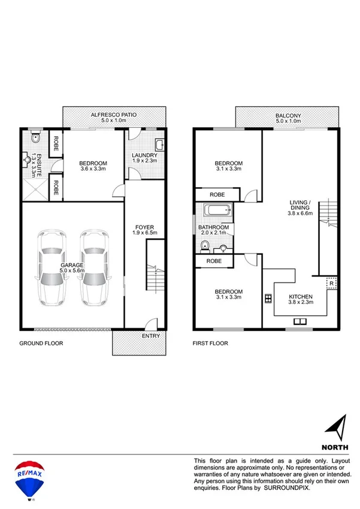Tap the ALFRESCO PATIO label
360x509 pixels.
click(114, 114)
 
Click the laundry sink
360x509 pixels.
click(160, 144)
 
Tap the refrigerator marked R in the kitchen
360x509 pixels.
click(331, 284)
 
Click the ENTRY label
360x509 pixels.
click(150, 336)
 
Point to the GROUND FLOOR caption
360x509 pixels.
click(41, 344)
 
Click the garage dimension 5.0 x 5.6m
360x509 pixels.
click(72, 270)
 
